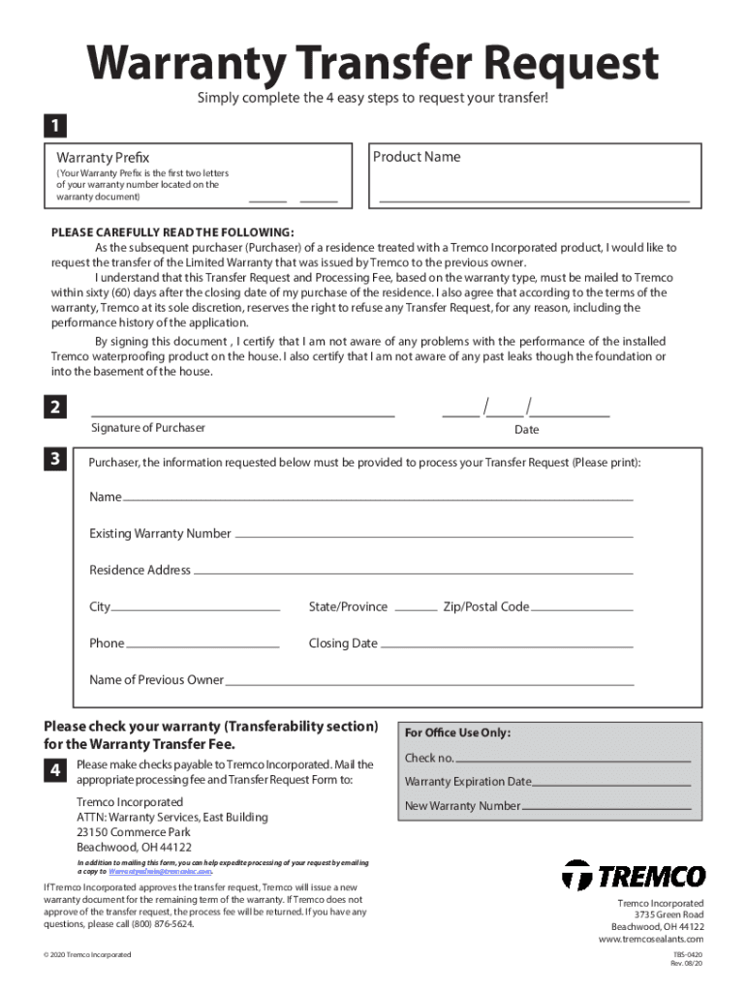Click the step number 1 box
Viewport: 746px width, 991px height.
pos(53,126)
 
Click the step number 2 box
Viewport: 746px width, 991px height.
pos(55,407)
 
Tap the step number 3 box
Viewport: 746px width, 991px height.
pos(55,459)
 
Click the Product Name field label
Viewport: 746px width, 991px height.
pos(417,157)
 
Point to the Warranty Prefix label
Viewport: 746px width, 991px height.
pos(103,157)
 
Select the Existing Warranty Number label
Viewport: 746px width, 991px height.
pos(160,533)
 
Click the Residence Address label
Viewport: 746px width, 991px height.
pos(140,570)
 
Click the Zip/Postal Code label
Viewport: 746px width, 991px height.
pos(486,607)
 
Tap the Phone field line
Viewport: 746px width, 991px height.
pos(203,645)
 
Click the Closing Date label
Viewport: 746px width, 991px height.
pos(343,644)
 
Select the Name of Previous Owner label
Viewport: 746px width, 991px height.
pos(156,680)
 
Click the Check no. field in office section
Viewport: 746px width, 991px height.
pos(573,760)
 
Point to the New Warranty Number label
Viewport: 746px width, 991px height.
pos(462,806)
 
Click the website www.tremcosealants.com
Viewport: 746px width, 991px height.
pos(651,940)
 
